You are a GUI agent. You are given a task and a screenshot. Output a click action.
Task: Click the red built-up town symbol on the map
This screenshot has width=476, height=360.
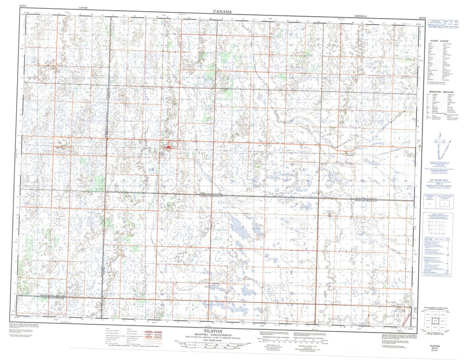[168, 147]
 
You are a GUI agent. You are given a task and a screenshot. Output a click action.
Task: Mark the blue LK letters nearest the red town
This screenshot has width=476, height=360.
[151, 170]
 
